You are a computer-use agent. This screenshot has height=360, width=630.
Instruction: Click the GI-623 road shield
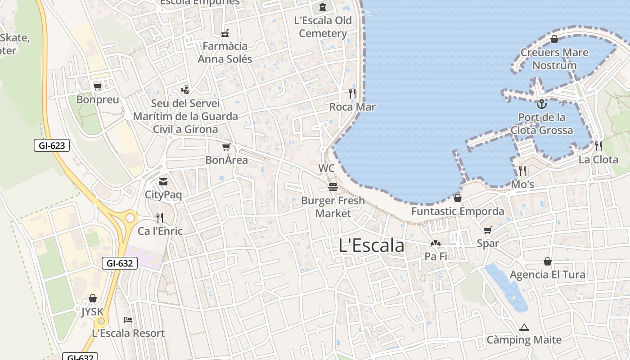52,145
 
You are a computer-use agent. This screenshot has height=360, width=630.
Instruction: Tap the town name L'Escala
371,246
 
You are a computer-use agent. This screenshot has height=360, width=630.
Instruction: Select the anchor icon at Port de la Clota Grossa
542,104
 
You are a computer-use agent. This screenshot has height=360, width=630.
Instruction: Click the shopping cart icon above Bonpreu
97,86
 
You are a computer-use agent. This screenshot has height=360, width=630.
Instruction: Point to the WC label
326,168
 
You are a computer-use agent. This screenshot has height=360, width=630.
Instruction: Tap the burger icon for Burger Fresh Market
333,187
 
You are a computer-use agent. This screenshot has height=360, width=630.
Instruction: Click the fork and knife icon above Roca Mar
352,94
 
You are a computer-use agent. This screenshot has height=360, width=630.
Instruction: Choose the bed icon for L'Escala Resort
128,320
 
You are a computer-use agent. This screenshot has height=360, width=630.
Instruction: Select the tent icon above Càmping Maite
524,327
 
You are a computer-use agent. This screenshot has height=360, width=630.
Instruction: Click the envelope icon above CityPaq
163,182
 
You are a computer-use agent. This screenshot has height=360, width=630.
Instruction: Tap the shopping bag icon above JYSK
92,298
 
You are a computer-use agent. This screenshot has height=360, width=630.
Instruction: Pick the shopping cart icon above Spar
487,230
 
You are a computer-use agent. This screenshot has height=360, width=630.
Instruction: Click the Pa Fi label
436,256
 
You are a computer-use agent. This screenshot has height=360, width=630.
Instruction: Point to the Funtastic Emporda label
458,211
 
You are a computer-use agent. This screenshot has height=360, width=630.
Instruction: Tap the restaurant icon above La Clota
598,146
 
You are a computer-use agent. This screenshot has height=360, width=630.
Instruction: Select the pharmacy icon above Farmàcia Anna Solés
225,33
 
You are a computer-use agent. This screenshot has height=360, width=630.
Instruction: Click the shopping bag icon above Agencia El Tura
548,261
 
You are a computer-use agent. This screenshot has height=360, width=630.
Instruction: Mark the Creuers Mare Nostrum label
554,59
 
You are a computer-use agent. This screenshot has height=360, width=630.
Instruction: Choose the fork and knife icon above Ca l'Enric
160,218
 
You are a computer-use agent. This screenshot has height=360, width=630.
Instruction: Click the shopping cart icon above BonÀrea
226,147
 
